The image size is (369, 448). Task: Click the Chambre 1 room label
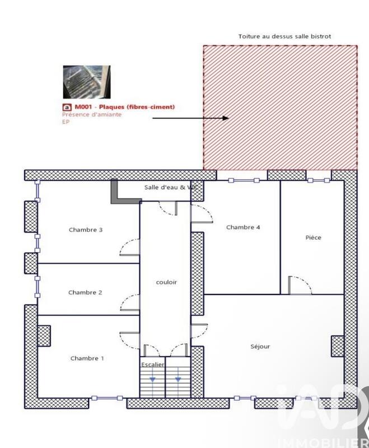point(87,358)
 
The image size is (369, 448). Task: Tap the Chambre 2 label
point(85,292)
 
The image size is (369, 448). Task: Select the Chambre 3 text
point(86,230)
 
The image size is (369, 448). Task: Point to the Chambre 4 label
point(243,227)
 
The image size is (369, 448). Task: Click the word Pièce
point(314,237)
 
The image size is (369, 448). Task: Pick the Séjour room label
point(260,347)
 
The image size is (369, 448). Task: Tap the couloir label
point(166,282)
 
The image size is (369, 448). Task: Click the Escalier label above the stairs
point(153,365)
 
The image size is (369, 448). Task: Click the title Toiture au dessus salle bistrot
point(284,36)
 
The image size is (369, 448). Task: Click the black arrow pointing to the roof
point(190,118)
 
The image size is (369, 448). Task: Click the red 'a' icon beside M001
point(67,107)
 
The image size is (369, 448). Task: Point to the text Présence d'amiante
point(91,114)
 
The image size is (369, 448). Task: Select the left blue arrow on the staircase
point(152,379)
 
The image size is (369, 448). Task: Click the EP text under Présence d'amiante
point(66,122)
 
